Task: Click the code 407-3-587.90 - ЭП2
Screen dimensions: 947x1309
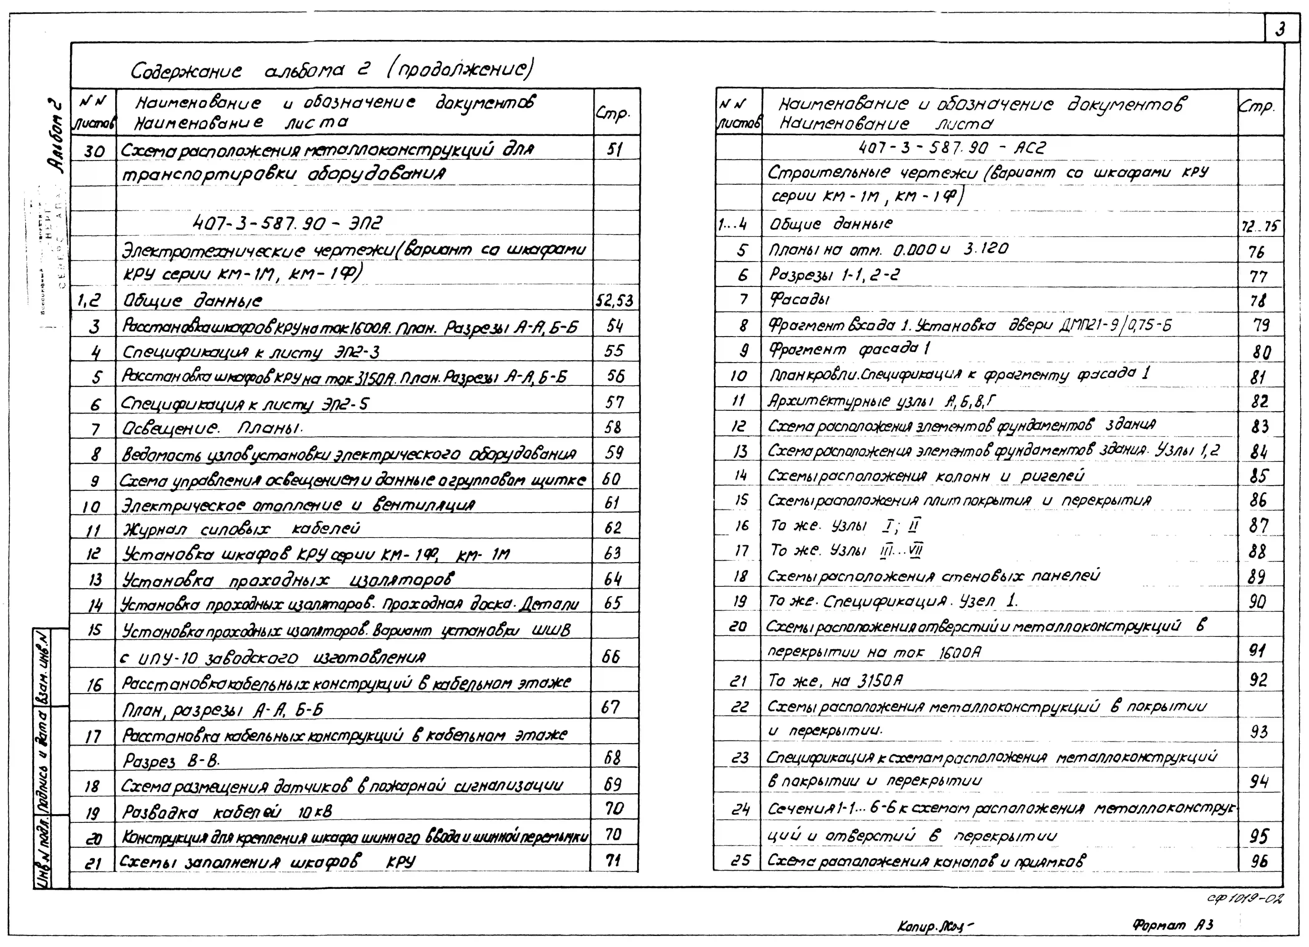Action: point(287,223)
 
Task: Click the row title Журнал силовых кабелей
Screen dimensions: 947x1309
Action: point(241,529)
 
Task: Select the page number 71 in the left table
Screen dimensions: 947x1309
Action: point(613,860)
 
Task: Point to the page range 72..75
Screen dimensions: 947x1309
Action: point(1259,226)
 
